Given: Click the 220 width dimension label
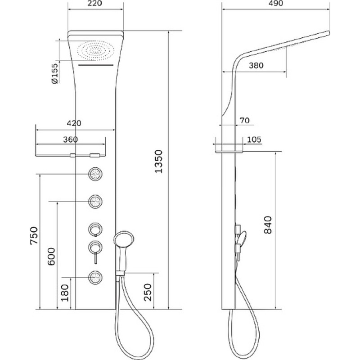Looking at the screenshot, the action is pos(94,4).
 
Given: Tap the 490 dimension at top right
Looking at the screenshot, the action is pos(275,4).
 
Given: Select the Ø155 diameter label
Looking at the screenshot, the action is pos(55,74).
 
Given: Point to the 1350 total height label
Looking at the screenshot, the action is pos(158,161).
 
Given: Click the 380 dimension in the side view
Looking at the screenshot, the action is pos(256,65).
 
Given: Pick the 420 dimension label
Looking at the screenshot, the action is pos(74,123).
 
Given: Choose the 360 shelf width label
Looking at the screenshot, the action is pos(70,139).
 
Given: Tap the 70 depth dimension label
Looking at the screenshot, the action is pos(245,120).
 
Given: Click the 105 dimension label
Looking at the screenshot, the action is pos(254,139).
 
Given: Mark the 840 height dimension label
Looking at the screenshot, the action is pos(268,225).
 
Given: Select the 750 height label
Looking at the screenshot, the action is pos(34,235).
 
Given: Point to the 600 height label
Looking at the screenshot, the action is pos(51,256).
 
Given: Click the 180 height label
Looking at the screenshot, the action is pos(65,293).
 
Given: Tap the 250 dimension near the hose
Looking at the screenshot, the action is pos(148,292).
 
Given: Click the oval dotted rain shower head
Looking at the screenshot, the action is pos(95,50).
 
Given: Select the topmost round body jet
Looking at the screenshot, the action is pos(95,174).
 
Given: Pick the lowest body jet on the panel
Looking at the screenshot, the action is pos(95,277).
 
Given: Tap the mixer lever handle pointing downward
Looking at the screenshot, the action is pos(96,258).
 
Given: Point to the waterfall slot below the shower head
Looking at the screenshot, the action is pos(96,65).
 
